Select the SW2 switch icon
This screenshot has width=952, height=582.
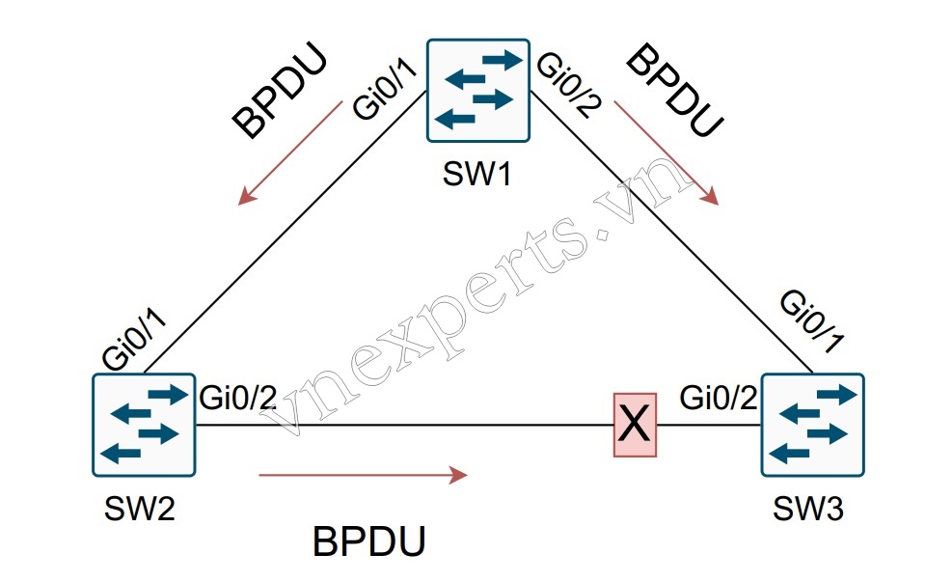(144, 424)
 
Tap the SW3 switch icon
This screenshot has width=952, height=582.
(812, 426)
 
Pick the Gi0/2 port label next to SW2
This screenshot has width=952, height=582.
(238, 397)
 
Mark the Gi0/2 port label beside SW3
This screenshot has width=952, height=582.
(720, 397)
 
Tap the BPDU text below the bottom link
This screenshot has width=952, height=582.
(368, 541)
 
